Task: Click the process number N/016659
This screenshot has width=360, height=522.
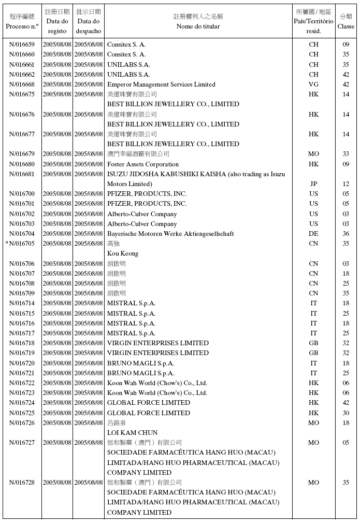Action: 22,45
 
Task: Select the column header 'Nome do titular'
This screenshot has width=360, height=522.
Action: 198,26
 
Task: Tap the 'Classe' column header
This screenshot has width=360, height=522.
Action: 346,26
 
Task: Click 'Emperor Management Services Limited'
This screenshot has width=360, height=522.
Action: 161,84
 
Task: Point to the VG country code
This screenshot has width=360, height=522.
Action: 313,84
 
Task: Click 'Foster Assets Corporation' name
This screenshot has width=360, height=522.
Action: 143,164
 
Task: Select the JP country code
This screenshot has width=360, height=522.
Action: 313,184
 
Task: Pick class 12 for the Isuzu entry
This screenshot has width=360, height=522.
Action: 346,184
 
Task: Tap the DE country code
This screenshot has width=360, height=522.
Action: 313,234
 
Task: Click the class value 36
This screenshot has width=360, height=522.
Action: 346,234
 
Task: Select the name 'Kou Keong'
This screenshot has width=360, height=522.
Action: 123,253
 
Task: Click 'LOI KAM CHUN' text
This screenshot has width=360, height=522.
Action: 132,433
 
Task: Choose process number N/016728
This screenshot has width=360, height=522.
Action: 22,483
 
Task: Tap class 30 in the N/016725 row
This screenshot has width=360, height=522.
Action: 346,413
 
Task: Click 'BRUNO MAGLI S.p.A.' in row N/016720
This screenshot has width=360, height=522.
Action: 140,363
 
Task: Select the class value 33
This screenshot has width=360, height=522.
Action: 346,154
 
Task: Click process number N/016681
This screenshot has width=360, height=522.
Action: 22,174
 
